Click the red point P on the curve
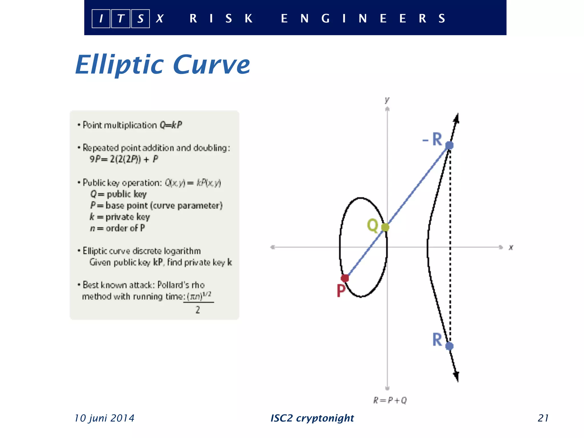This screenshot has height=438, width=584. tap(345, 278)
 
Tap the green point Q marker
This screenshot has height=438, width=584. tap(385, 227)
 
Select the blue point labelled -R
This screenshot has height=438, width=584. tap(449, 145)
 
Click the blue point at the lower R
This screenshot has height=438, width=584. tap(449, 346)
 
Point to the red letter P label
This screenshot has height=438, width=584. tap(341, 291)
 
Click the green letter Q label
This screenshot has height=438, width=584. tap(372, 225)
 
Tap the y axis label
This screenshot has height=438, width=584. tap(387, 100)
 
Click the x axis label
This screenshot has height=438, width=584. tap(511, 247)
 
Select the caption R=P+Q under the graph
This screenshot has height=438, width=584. tap(390, 400)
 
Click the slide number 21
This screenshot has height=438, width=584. tap(543, 418)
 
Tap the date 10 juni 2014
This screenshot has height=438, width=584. tap(104, 418)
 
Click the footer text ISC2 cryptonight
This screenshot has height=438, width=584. tap(312, 418)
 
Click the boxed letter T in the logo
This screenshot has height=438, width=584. tap(121, 19)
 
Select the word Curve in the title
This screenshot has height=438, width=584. tap(211, 65)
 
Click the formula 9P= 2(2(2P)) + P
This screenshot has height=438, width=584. tap(124, 159)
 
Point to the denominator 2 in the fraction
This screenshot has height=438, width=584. tap(198, 310)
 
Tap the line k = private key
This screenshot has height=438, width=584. tap(120, 217)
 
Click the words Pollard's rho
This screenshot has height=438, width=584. tap(181, 285)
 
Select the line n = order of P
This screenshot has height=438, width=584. tap(117, 228)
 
